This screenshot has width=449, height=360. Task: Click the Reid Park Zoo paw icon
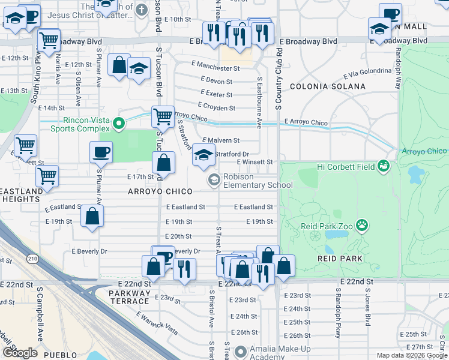click(x=362, y=225)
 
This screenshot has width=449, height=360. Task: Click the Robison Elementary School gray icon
click(x=214, y=180)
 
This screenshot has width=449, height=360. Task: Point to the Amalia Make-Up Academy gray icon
click(x=241, y=351)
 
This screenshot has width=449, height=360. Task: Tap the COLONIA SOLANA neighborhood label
click(x=327, y=86)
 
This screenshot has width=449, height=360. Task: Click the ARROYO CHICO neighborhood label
click(x=158, y=191)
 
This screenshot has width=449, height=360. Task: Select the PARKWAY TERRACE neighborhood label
click(x=130, y=293)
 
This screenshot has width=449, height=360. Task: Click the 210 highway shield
click(x=32, y=258)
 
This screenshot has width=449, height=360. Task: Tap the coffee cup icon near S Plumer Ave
click(x=101, y=152)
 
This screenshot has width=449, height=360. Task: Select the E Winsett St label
click(x=255, y=162)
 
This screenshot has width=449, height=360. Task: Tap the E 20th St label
click(x=178, y=236)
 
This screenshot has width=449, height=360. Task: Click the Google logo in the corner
click(x=20, y=352)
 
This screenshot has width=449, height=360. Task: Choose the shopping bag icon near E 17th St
click(x=163, y=163)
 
